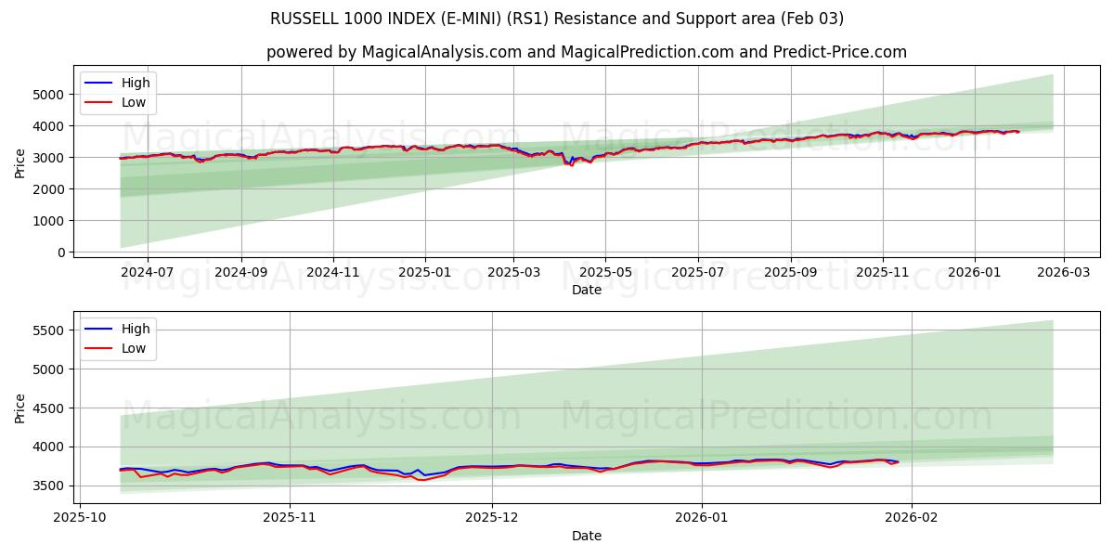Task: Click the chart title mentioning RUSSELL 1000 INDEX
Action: [557, 19]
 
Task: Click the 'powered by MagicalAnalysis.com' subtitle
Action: [586, 52]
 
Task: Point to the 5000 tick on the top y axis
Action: [47, 95]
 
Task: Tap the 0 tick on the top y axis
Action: [60, 253]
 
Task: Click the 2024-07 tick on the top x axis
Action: [148, 272]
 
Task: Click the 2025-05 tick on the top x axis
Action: [605, 272]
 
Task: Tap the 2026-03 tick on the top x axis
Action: [1063, 272]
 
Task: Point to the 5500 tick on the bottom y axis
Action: [47, 330]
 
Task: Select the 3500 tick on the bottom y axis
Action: [47, 486]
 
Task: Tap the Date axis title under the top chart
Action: [586, 290]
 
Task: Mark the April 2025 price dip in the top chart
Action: [570, 164]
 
